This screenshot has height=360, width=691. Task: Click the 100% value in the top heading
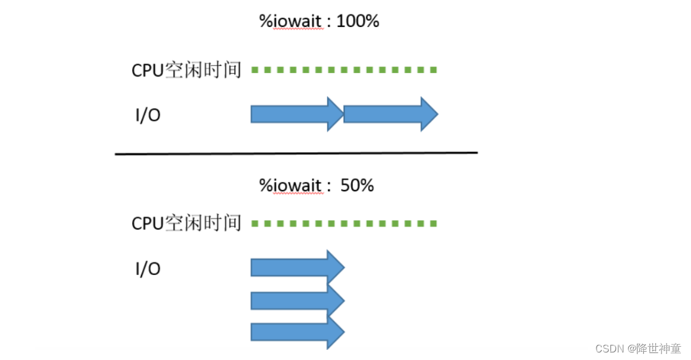357,21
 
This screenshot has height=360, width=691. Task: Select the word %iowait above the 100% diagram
291,21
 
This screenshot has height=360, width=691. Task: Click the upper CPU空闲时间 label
186,70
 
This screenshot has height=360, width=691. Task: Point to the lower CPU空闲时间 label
186,223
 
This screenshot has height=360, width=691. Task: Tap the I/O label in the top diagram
148,116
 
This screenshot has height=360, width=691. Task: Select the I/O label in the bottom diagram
148,269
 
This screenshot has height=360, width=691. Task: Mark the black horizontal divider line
296,152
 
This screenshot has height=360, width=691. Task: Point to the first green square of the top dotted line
255,70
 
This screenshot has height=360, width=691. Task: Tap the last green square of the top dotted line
433,70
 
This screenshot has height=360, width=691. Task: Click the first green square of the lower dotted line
255,223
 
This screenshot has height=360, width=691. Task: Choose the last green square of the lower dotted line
433,223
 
